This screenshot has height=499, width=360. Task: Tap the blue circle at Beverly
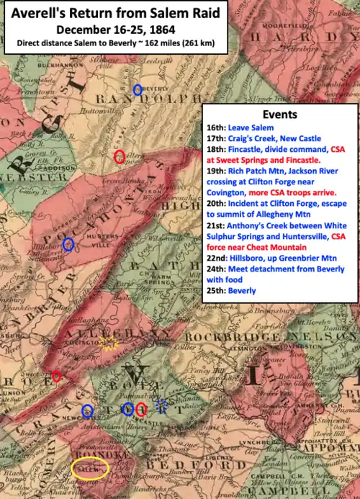pyautogui.click(x=138, y=89)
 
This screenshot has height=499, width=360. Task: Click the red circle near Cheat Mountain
pyautogui.click(x=120, y=157)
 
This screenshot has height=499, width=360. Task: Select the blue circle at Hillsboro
pyautogui.click(x=68, y=244)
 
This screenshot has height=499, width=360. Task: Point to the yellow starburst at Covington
pyautogui.click(x=109, y=343)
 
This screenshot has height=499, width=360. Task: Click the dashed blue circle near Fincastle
pyautogui.click(x=162, y=405)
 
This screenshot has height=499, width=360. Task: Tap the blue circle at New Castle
pyautogui.click(x=87, y=411)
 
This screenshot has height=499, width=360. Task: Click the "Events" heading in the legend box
pyautogui.click(x=279, y=114)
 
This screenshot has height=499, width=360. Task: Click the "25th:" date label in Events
pyautogui.click(x=217, y=291)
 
